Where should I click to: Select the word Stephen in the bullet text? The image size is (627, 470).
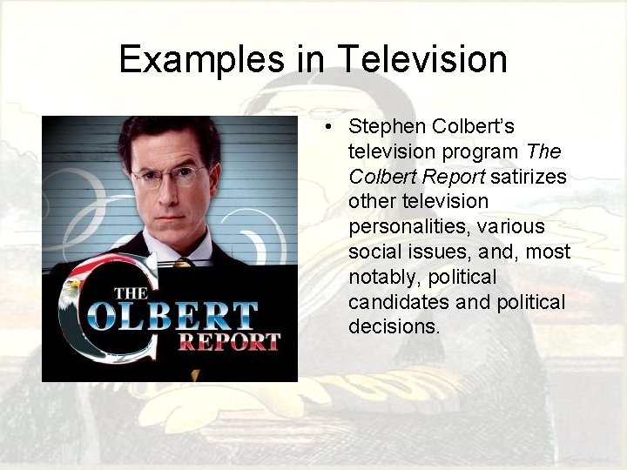381,127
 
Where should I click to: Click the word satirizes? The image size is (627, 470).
529,177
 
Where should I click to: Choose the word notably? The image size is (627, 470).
380,277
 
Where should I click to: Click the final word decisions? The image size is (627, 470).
394,327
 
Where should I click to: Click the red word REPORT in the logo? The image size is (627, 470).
229,340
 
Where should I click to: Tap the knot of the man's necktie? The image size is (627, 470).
183,262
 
